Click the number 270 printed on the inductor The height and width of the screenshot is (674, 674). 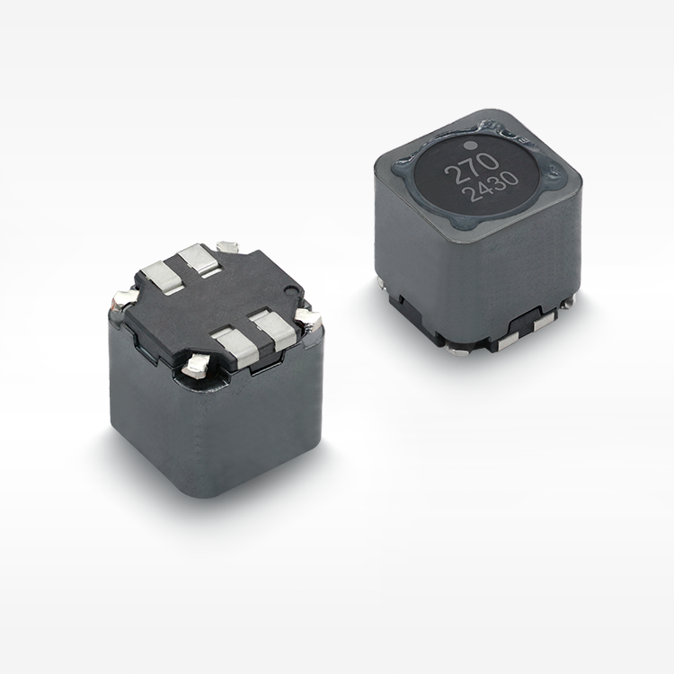(472, 168)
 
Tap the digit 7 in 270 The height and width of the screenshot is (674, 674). (472, 168)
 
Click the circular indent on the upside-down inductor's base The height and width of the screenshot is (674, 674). (294, 291)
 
